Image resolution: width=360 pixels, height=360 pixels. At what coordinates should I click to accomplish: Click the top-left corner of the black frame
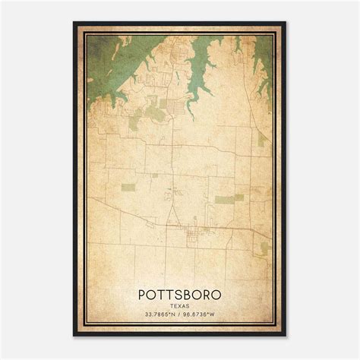click(x=74, y=23)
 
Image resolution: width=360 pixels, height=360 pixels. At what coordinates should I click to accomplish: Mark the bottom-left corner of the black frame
click(x=74, y=336)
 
